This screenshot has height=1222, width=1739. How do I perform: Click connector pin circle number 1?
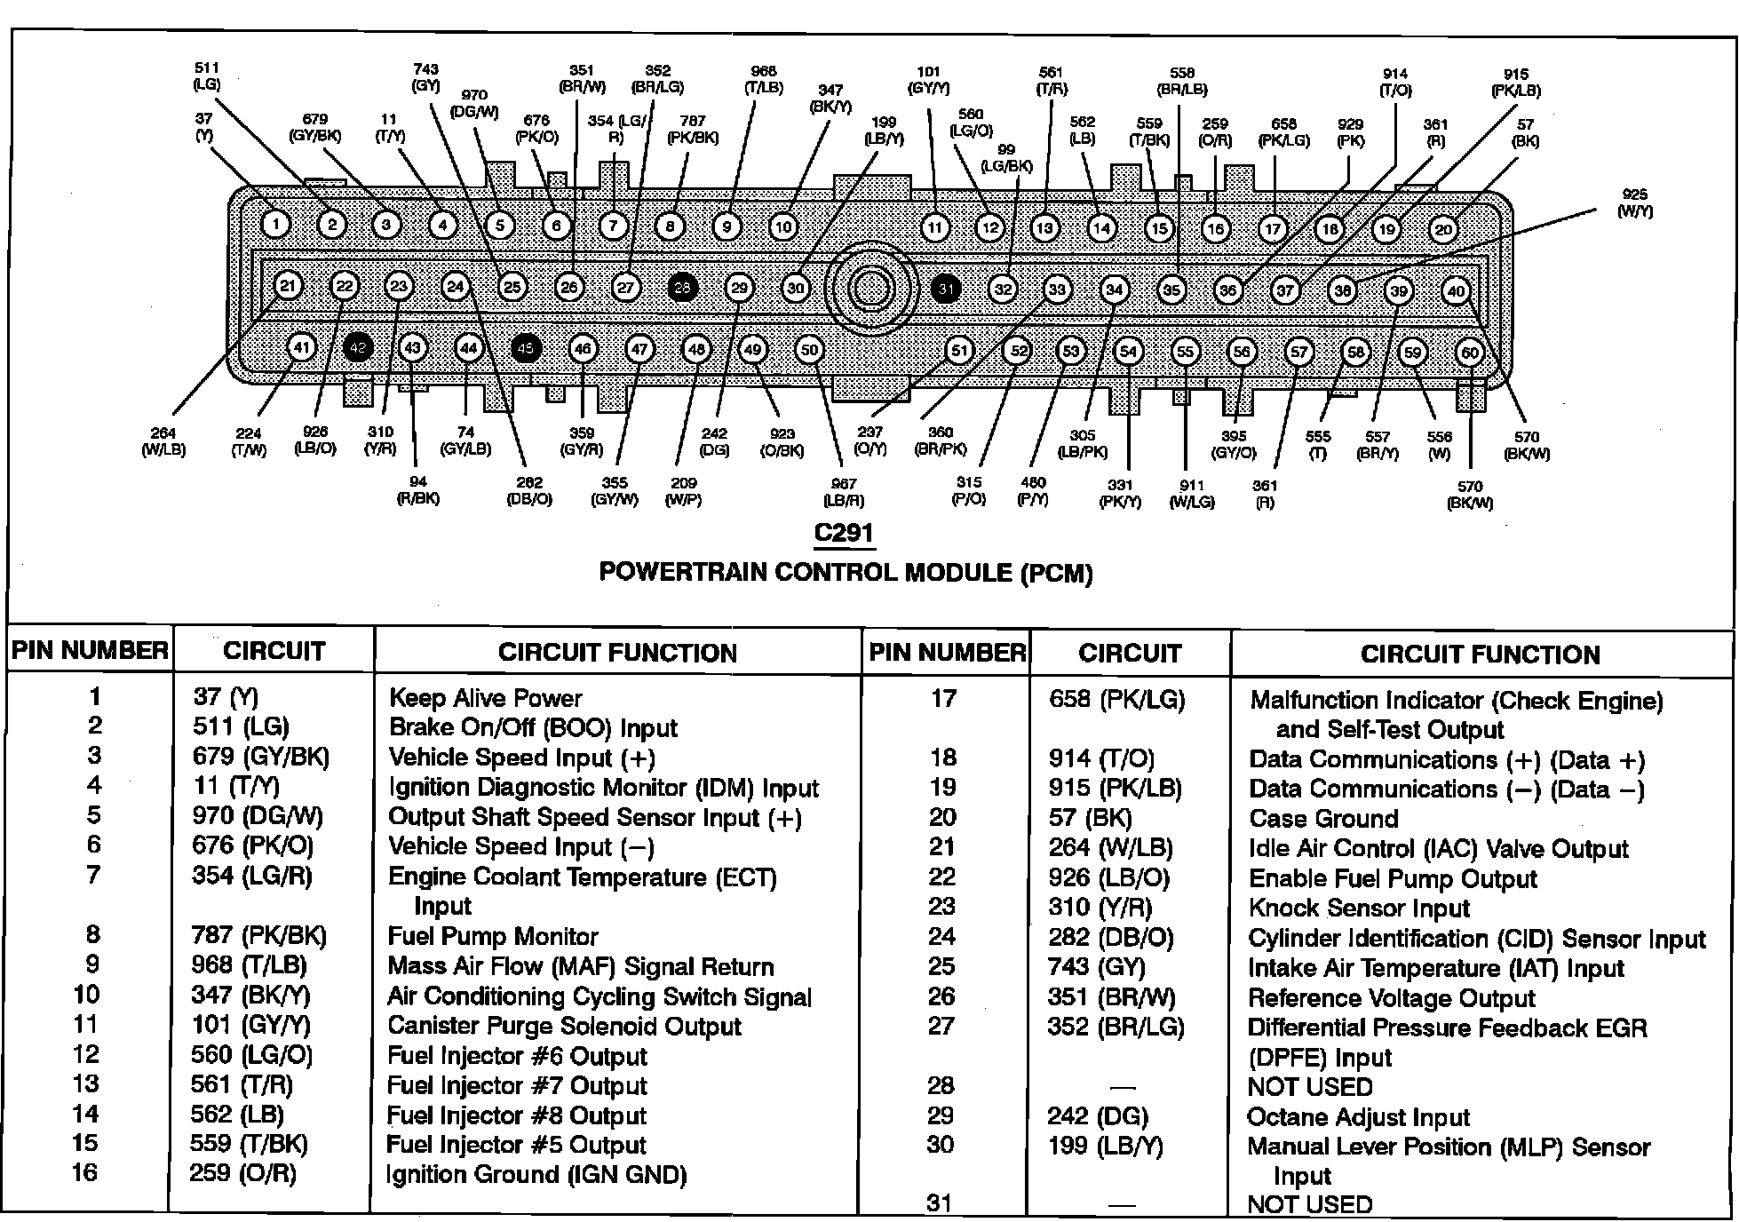click(276, 224)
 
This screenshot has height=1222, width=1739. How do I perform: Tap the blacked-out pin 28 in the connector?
click(682, 287)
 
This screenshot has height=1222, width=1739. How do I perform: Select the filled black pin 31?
click(946, 289)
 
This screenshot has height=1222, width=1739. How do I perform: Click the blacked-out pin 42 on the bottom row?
click(357, 347)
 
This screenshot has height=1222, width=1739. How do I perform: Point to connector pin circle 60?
click(1470, 353)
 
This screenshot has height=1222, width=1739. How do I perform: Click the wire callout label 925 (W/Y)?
click(1634, 203)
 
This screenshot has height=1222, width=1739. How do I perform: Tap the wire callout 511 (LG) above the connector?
click(206, 76)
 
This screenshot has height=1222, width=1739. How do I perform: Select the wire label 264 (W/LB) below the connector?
click(163, 441)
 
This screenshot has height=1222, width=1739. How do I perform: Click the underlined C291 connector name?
click(844, 533)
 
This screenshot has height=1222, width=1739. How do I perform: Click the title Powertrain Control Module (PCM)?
click(846, 573)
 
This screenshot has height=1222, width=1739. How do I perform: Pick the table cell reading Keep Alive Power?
click(485, 698)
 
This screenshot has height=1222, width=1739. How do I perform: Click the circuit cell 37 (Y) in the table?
click(226, 697)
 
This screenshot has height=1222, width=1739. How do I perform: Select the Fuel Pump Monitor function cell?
click(493, 936)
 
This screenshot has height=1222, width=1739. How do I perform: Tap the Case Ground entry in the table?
click(1323, 819)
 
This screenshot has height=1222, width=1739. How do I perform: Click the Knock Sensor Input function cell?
click(1359, 909)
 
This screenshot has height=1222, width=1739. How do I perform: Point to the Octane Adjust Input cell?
click(1358, 1117)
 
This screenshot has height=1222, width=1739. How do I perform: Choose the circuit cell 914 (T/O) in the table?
click(1101, 758)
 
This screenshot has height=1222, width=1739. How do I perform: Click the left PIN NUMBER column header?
click(90, 651)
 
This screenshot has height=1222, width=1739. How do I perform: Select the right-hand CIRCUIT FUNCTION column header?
click(1480, 655)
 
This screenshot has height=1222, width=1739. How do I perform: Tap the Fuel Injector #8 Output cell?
click(516, 1115)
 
